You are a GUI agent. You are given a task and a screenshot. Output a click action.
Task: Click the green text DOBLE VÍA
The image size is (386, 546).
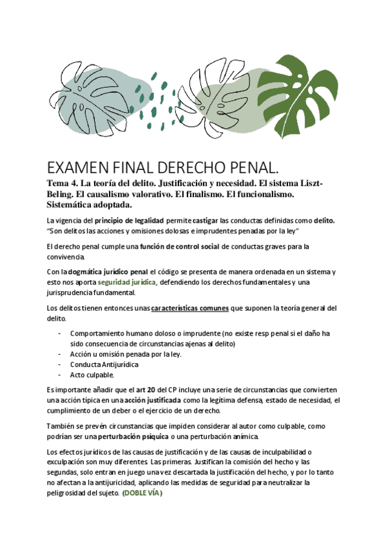point(142,493)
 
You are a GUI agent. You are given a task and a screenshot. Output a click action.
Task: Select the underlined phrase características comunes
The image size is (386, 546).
point(190,308)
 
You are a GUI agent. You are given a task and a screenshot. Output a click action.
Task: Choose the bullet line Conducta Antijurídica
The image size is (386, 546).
point(104,364)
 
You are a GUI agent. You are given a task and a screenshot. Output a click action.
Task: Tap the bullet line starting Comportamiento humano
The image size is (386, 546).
point(200,333)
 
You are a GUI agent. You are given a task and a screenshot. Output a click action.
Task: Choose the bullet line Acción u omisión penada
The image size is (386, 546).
point(126,353)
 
